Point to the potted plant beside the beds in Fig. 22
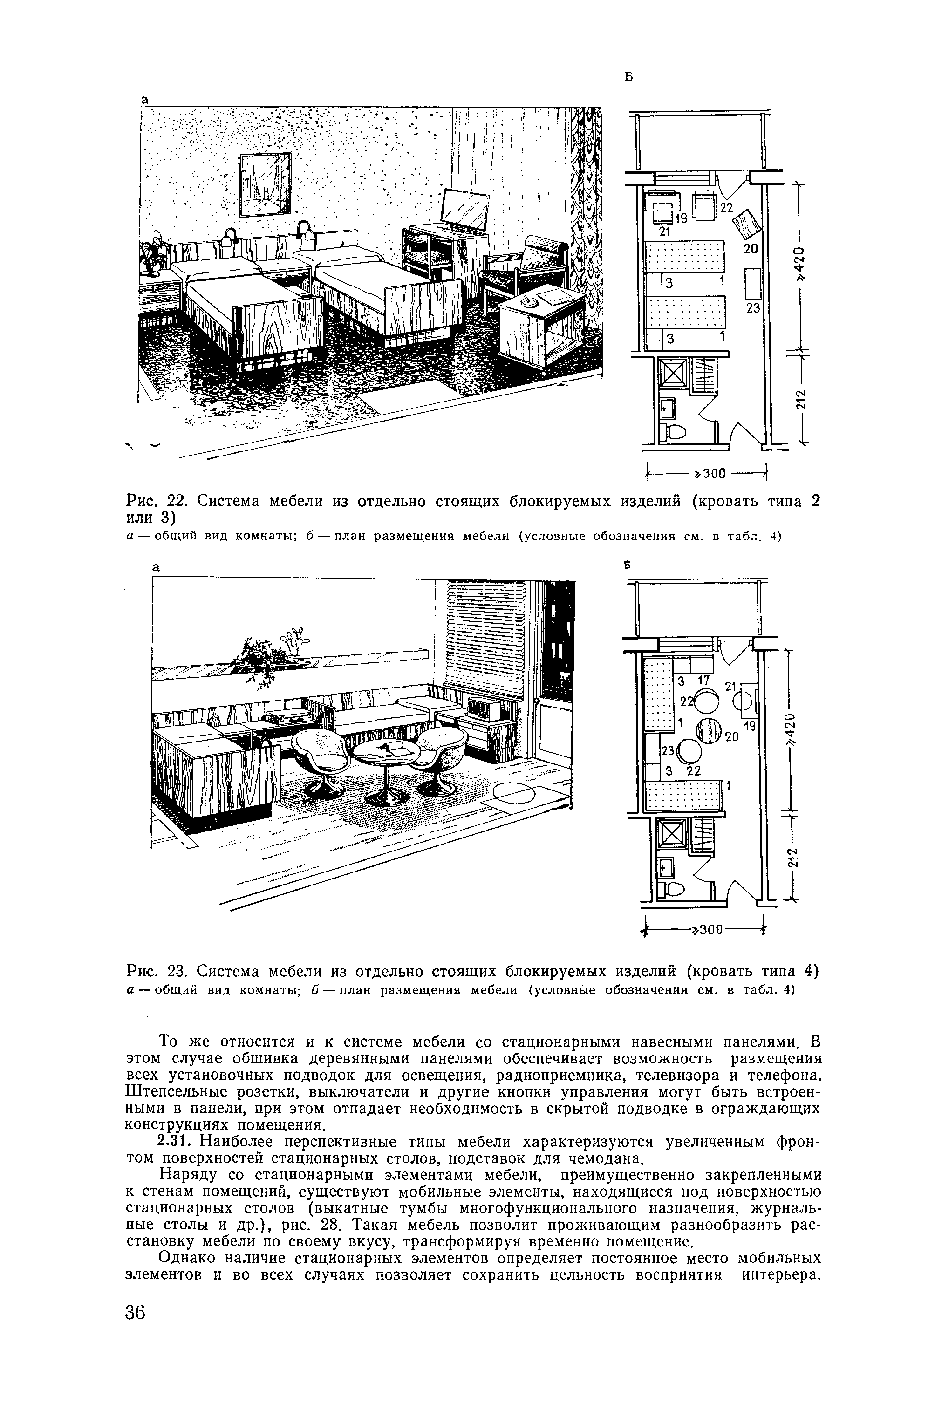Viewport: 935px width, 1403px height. click(153, 253)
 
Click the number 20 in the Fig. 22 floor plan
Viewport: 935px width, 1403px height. click(750, 249)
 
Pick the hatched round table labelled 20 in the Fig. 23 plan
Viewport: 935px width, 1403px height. click(710, 730)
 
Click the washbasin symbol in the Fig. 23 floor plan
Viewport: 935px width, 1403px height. click(665, 867)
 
